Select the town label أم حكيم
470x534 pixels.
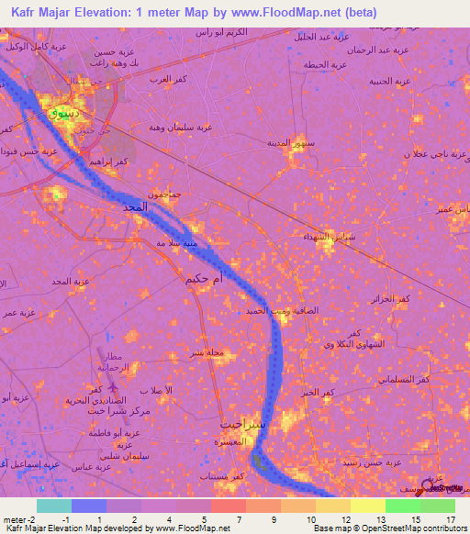[204, 276]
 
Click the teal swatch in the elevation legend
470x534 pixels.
[54, 506]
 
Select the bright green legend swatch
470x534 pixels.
[402, 506]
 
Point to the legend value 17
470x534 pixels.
[451, 518]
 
